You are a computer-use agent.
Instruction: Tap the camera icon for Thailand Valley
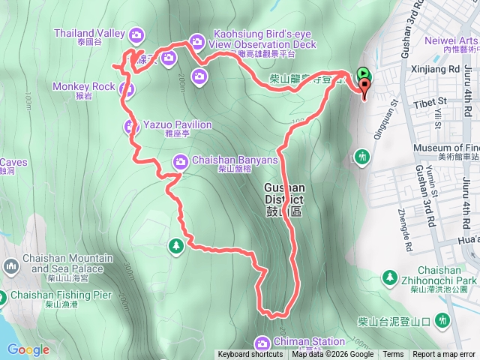click(x=136, y=34)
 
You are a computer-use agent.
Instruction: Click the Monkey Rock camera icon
click(x=127, y=90)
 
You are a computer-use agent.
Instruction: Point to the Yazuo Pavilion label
click(x=178, y=124)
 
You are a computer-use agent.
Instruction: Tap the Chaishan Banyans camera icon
click(x=181, y=160)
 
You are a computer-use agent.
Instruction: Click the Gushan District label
click(x=284, y=193)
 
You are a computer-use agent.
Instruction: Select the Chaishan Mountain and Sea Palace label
click(x=61, y=263)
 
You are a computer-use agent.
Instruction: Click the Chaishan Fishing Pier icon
click(x=3, y=296)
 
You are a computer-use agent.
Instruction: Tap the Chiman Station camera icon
click(x=262, y=343)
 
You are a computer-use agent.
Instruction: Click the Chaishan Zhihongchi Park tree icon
click(x=390, y=278)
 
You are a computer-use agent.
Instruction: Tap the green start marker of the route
click(x=363, y=74)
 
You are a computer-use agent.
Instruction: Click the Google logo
click(x=28, y=349)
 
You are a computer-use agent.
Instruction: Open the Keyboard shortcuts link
click(x=250, y=355)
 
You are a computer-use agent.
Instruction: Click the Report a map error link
click(x=445, y=355)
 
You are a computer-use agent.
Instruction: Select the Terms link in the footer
click(x=393, y=355)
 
